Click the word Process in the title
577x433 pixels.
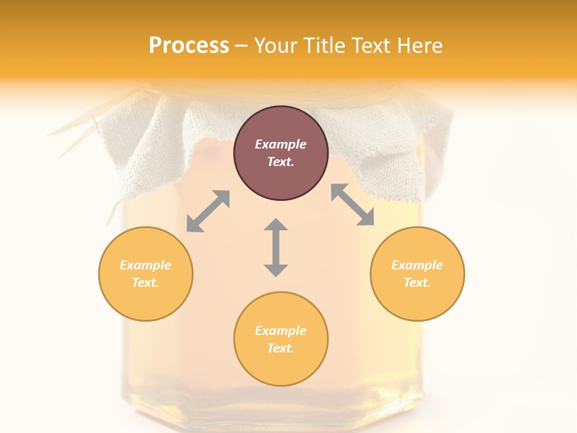pos(189,46)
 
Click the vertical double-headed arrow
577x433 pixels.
pos(276,247)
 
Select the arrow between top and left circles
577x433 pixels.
pos(208,211)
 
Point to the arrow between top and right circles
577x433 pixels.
pos(352,204)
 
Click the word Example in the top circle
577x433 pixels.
pos(281,144)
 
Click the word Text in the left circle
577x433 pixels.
pos(145,283)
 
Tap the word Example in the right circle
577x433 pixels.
pos(417,265)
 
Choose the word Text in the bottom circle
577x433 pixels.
pos(281,348)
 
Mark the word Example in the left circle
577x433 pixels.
pos(145,265)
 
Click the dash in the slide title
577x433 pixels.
pos(241,46)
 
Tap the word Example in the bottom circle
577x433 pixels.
pos(281,331)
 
